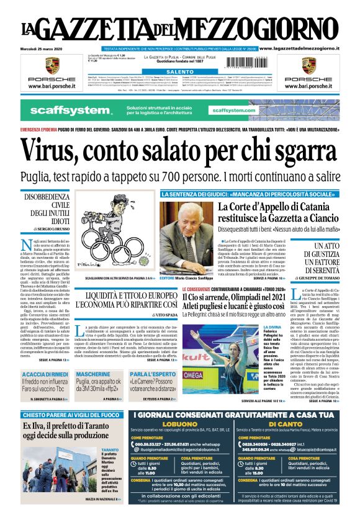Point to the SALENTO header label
pyautogui.click(x=180, y=73)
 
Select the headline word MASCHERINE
pyautogui.click(x=93, y=374)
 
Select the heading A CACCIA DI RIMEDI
pyautogui.click(x=45, y=374)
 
